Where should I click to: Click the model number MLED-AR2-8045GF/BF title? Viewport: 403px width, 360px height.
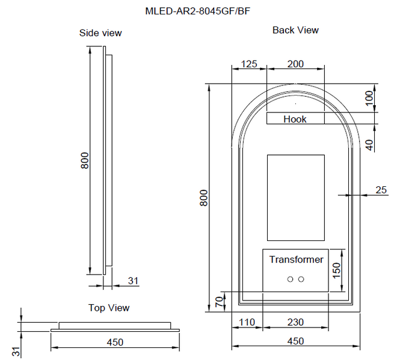click(197, 11)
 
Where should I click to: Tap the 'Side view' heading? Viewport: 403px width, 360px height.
click(100, 33)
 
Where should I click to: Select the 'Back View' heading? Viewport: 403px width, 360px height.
click(295, 30)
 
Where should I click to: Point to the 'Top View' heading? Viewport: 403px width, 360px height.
click(109, 308)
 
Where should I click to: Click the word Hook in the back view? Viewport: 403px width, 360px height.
click(295, 119)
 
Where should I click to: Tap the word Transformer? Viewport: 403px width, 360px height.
click(296, 260)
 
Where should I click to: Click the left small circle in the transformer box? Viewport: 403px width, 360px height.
click(290, 279)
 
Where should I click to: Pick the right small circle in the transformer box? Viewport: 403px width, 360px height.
click(301, 279)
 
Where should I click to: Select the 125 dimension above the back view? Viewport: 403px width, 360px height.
click(249, 64)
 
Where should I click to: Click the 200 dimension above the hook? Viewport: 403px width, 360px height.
click(295, 64)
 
